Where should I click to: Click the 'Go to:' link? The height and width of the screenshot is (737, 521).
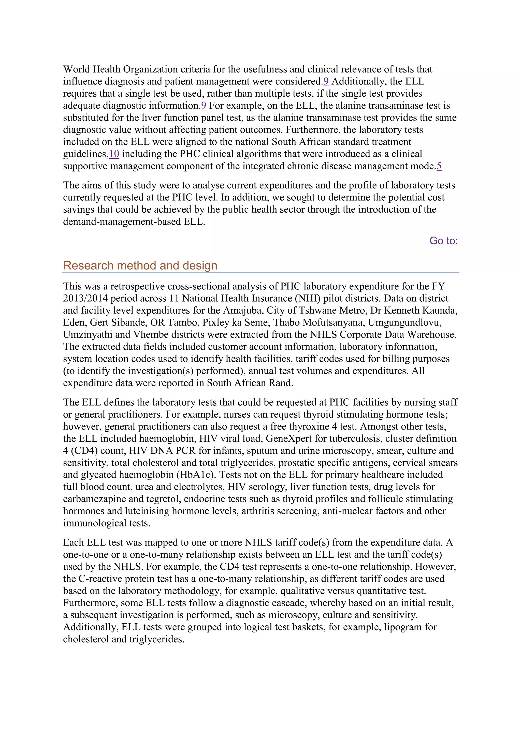(x=443, y=241)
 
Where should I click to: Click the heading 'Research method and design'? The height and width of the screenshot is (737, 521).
(x=140, y=266)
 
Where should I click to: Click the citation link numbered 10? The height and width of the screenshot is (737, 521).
(x=114, y=154)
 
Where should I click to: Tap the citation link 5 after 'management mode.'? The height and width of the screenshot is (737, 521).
(x=439, y=166)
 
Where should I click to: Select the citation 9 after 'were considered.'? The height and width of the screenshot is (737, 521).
(x=326, y=82)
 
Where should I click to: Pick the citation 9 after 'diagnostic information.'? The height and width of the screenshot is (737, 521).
(x=204, y=106)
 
